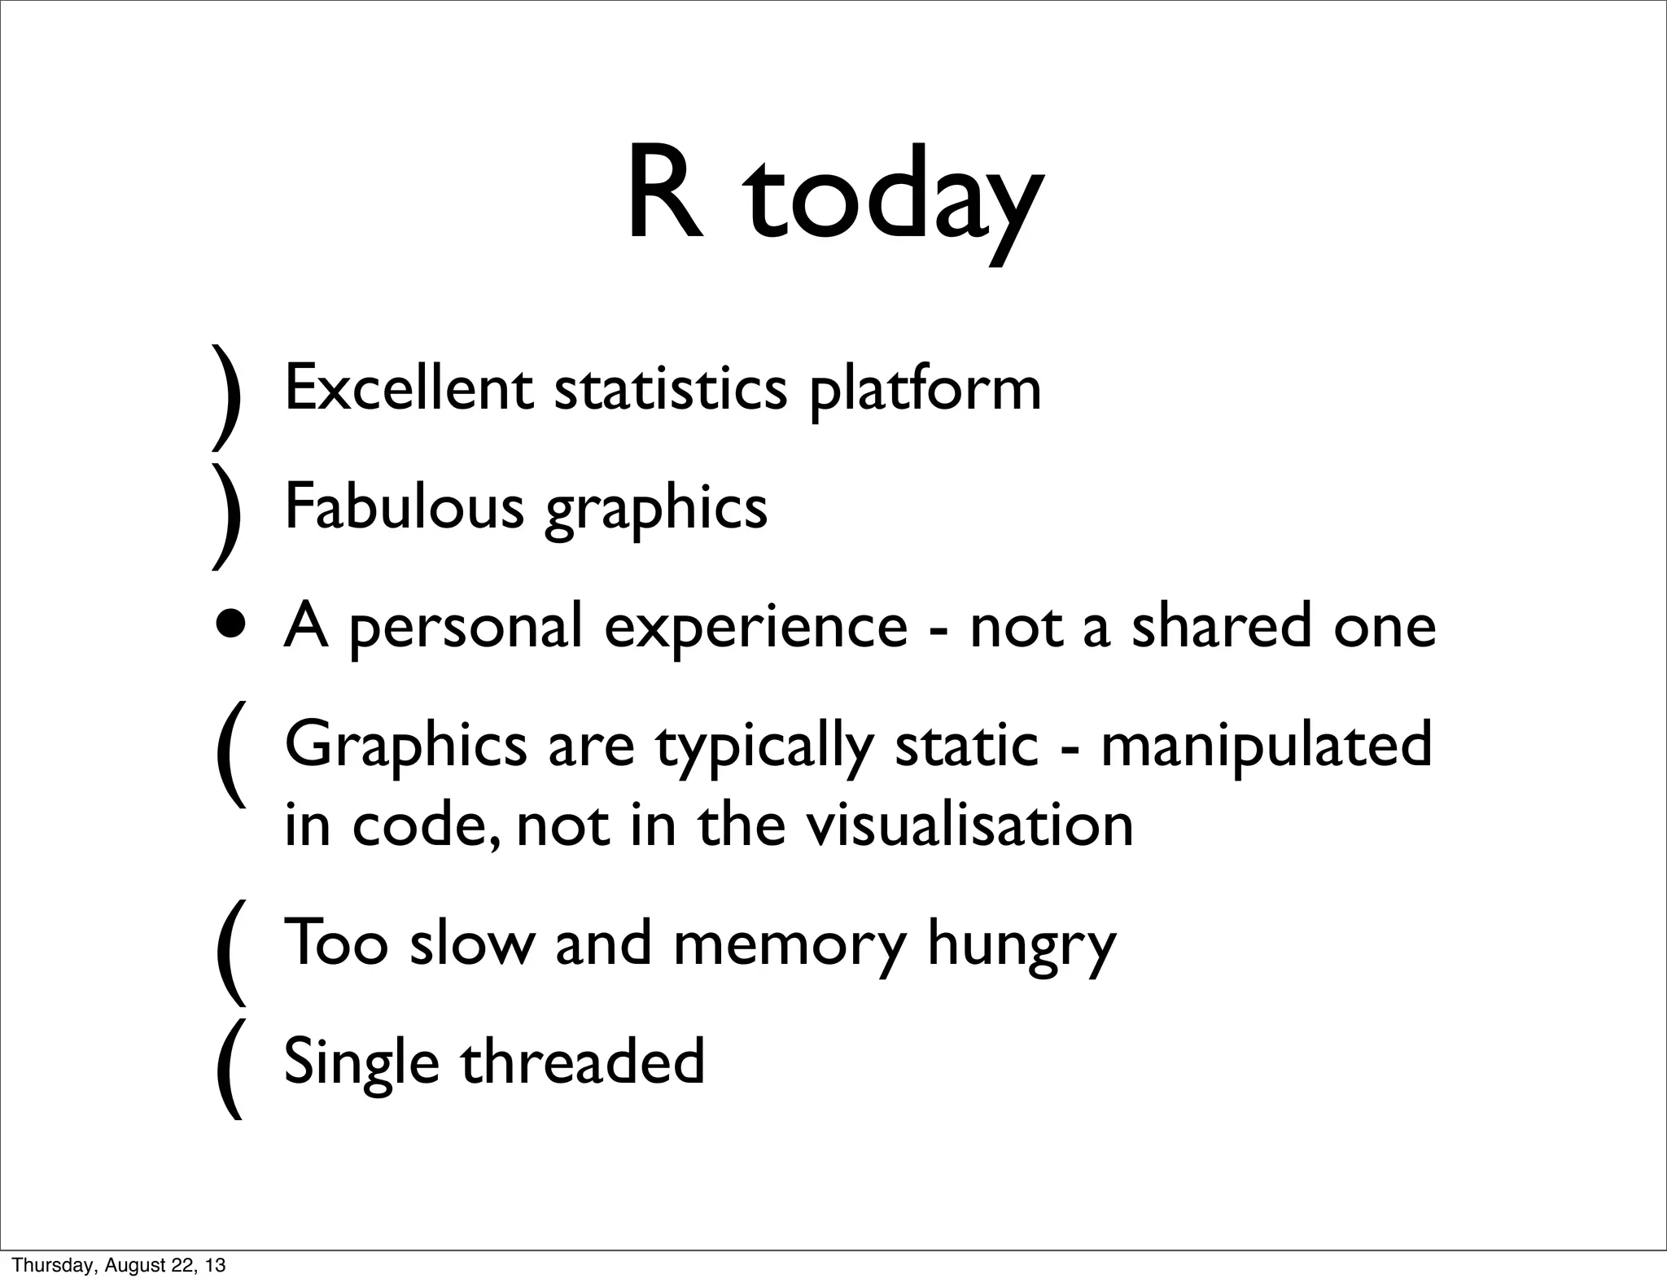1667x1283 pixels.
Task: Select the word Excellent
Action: tap(409, 388)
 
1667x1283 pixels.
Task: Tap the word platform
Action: tap(925, 392)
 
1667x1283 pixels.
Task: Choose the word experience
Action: tap(755, 628)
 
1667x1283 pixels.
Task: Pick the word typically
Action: tap(764, 747)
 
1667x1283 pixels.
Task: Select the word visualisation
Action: tap(969, 825)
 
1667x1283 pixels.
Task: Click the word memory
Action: tap(790, 945)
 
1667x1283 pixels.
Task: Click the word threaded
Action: tap(583, 1062)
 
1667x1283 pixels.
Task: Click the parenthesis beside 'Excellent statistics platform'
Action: tap(227, 397)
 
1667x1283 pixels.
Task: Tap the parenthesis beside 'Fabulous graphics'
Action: tap(227, 516)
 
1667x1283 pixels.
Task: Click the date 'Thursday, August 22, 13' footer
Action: tap(119, 1265)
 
